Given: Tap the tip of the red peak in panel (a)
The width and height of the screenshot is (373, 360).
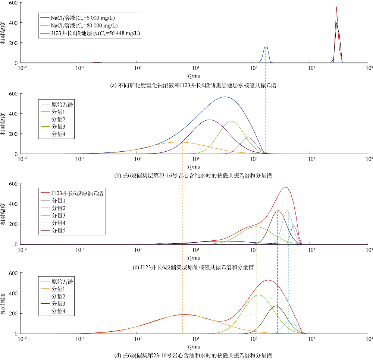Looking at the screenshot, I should point(336,7).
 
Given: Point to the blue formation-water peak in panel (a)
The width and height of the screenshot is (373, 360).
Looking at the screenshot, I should point(266,47).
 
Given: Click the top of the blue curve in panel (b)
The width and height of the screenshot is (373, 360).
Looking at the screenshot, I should point(224,97).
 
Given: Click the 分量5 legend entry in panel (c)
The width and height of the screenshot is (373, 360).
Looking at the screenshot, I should point(59,231).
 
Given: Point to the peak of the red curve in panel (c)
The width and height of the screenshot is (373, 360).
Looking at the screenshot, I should point(285,187).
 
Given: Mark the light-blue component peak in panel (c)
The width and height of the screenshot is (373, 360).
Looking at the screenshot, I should point(287,211).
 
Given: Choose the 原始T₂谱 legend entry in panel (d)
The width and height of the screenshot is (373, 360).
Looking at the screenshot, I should point(62,282).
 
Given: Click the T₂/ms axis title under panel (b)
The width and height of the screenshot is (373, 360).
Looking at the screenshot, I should point(194,167).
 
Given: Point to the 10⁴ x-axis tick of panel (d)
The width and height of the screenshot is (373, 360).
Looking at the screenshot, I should point(369,339).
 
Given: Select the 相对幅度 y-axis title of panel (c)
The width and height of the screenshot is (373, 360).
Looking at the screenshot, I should point(4,214).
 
